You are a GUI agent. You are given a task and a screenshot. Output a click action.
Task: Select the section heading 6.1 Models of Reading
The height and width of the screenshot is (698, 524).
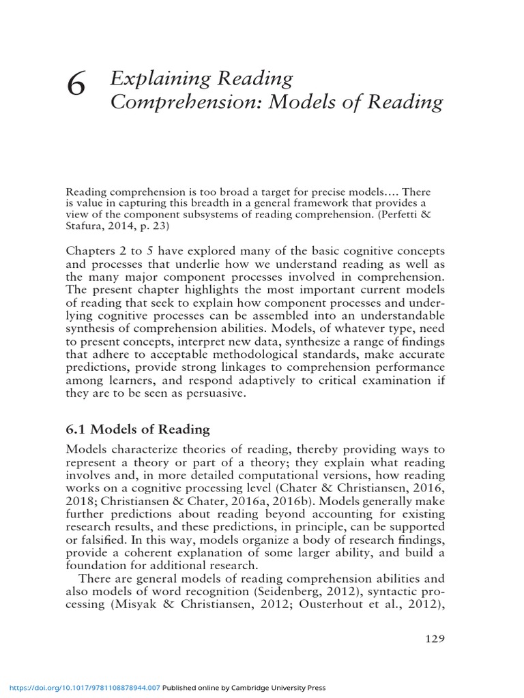click(138, 429)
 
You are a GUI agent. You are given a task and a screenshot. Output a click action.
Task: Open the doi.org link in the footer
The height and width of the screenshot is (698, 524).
click(81, 688)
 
